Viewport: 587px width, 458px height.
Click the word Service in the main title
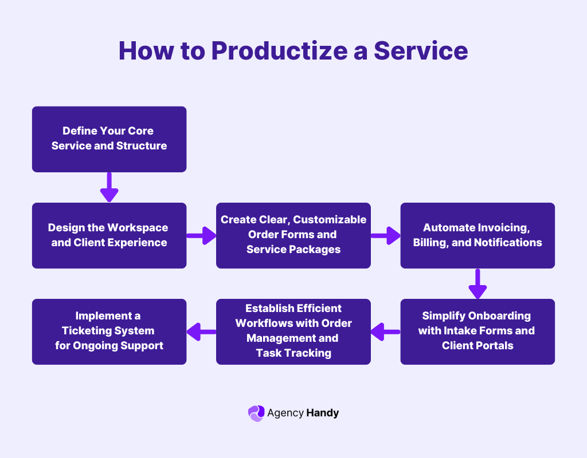tap(421, 51)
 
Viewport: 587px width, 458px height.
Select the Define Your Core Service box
tap(109, 139)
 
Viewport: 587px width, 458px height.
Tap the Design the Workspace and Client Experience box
tap(109, 235)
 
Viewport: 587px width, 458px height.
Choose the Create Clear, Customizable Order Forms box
tap(293, 235)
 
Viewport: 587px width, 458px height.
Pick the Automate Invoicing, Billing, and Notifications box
tap(478, 235)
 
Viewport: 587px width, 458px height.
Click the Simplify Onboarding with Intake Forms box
tap(478, 331)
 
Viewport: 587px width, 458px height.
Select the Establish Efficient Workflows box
tap(293, 331)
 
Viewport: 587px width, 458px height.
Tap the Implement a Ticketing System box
tap(109, 331)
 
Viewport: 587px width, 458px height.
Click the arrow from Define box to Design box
tap(109, 187)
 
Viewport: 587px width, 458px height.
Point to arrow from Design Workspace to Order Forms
tap(201, 235)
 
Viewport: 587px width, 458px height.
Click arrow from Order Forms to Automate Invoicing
tap(385, 235)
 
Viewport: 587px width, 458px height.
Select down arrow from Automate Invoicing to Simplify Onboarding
tap(478, 283)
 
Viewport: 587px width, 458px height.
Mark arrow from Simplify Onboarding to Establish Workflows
tap(385, 331)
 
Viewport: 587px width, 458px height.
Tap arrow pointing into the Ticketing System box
tap(201, 331)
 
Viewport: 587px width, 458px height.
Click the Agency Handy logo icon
tap(256, 413)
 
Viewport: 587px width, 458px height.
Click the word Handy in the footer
tap(322, 413)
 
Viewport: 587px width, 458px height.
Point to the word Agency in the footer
tap(285, 413)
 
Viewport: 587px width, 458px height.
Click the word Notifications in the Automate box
tap(508, 242)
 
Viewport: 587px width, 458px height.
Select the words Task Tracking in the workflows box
tap(293, 353)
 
